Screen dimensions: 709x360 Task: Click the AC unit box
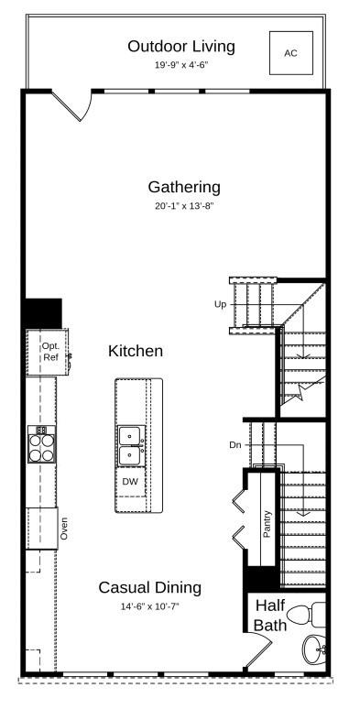coord(290,53)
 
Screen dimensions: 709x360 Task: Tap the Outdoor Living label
coord(181,46)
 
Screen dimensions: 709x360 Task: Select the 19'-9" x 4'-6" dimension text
coord(181,66)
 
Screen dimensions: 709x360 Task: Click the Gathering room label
coord(184,187)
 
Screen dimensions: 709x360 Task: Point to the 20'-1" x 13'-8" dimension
coord(184,207)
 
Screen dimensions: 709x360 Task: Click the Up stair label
coord(220,303)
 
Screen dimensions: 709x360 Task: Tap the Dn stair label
coord(235,444)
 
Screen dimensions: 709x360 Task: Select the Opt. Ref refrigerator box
coord(50,351)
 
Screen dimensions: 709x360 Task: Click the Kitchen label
coord(136,351)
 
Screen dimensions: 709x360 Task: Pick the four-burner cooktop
coord(41,444)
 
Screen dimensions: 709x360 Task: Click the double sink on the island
coord(130,443)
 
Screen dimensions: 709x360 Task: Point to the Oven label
coord(64,529)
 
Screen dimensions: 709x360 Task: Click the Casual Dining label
coord(150,587)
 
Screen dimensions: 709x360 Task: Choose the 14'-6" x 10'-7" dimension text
coord(150,606)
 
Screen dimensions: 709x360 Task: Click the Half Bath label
coord(270,615)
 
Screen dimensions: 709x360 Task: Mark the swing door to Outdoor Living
coord(73,105)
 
